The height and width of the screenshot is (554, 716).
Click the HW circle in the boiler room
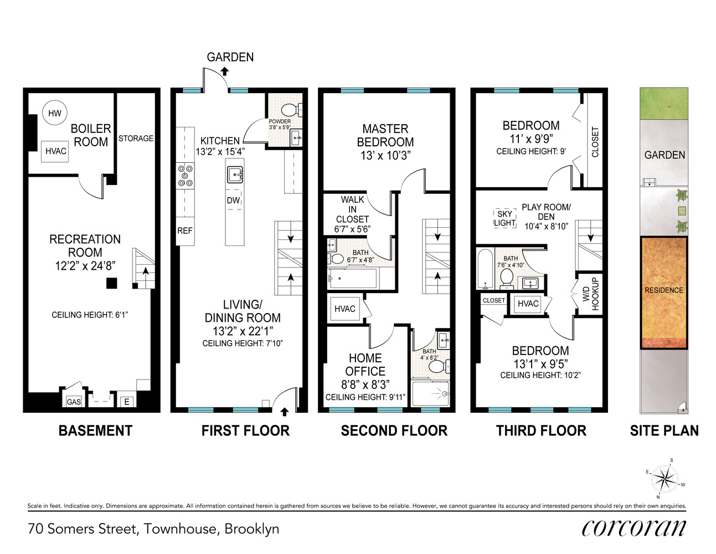pyautogui.click(x=55, y=113)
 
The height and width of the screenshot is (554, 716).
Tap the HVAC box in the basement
pyautogui.click(x=56, y=151)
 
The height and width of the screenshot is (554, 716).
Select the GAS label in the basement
pyautogui.click(x=74, y=402)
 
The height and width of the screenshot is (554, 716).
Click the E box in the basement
pyautogui.click(x=127, y=402)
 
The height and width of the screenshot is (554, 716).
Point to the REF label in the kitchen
pyautogui.click(x=185, y=230)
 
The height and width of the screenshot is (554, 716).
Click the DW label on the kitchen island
pyautogui.click(x=234, y=201)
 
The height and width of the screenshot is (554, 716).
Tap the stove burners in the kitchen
pyautogui.click(x=185, y=176)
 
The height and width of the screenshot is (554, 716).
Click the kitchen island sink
pyautogui.click(x=235, y=175)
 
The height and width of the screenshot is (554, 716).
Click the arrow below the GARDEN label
pyautogui.click(x=224, y=71)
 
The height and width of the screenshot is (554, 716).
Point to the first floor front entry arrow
pyautogui.click(x=285, y=412)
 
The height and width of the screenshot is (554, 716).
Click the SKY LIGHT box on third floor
pyautogui.click(x=504, y=218)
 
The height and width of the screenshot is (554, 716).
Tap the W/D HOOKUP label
pyautogui.click(x=590, y=294)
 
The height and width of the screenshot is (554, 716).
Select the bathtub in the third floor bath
pyautogui.click(x=485, y=269)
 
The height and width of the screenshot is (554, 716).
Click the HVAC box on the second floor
pyautogui.click(x=345, y=309)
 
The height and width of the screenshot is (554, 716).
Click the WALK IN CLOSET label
pyautogui.click(x=352, y=214)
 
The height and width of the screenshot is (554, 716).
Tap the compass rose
pyautogui.click(x=663, y=478)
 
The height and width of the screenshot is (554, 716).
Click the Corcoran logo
pyautogui.click(x=633, y=528)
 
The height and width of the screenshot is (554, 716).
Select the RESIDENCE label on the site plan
pyautogui.click(x=664, y=290)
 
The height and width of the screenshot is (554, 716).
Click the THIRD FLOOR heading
pyautogui.click(x=541, y=430)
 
